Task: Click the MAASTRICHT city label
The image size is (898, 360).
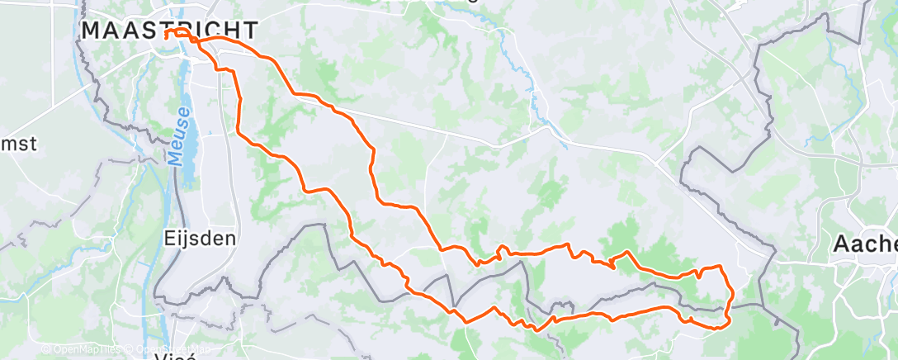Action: [168, 30]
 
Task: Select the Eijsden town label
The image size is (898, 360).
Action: [200, 239]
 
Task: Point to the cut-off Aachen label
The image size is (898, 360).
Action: [865, 244]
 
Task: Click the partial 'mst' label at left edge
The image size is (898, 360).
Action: [18, 143]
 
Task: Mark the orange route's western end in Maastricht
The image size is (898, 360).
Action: [167, 36]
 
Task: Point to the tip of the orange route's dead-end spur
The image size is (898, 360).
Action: [613, 267]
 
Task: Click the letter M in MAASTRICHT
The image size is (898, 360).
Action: [92, 30]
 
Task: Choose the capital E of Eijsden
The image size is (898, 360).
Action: [169, 239]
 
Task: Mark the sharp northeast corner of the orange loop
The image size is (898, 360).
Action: [722, 267]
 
